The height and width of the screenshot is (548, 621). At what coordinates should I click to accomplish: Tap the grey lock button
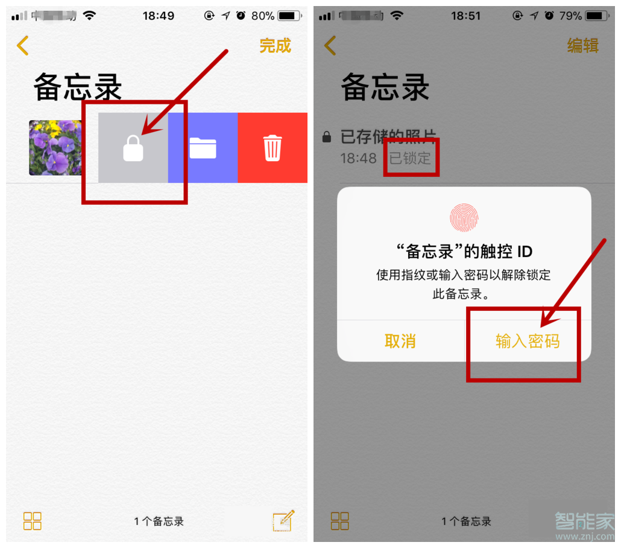click(133, 148)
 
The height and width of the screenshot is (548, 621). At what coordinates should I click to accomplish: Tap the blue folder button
click(203, 148)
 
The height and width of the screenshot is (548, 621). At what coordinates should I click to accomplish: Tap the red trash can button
click(273, 148)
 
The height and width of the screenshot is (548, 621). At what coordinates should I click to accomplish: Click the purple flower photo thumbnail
click(55, 147)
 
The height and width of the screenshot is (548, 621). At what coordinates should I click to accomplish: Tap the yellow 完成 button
click(275, 46)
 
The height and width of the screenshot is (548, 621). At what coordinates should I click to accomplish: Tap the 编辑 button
click(582, 46)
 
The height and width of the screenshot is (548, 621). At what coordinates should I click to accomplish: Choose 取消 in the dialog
click(400, 341)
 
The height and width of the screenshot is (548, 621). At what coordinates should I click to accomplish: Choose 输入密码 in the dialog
click(528, 341)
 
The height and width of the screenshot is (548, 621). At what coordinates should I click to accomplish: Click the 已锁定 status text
click(411, 159)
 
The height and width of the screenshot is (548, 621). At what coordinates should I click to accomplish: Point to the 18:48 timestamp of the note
click(358, 159)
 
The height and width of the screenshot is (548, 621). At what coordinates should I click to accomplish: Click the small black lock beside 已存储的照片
click(327, 138)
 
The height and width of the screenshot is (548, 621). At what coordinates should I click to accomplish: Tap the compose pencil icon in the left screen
click(283, 520)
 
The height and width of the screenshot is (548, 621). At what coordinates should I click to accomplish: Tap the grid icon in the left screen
click(33, 521)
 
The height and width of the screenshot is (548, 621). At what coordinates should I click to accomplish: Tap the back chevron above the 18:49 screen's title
click(23, 46)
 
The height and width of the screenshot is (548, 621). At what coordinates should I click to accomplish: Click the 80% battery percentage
click(263, 16)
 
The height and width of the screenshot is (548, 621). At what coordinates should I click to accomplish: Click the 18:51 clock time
click(466, 16)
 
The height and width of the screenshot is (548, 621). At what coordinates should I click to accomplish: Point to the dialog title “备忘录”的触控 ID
click(464, 251)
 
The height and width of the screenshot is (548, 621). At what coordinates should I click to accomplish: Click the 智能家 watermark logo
click(584, 522)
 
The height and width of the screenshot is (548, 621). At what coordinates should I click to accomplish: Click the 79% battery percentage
click(570, 16)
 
